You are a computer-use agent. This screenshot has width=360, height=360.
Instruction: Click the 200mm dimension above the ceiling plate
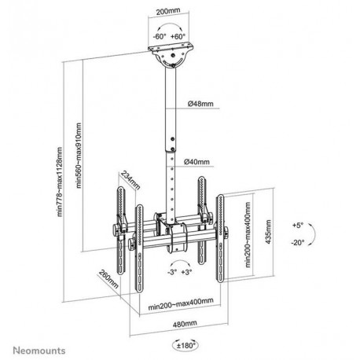click(168, 11)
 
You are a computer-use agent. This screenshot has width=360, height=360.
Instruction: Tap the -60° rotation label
click(160, 36)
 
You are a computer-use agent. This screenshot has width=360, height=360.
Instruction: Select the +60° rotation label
click(178, 36)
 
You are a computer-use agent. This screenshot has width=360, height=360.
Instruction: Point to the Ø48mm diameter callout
click(200, 104)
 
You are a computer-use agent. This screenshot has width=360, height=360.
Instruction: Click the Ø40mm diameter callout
click(197, 162)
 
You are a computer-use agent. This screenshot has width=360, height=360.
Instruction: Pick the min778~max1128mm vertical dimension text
click(60, 182)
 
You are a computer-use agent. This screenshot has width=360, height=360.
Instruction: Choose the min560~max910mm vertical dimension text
click(79, 156)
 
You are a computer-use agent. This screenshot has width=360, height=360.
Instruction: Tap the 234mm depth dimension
click(130, 181)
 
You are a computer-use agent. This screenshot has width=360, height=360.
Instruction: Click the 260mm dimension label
click(108, 279)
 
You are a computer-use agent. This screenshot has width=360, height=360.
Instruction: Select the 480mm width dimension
click(185, 324)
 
